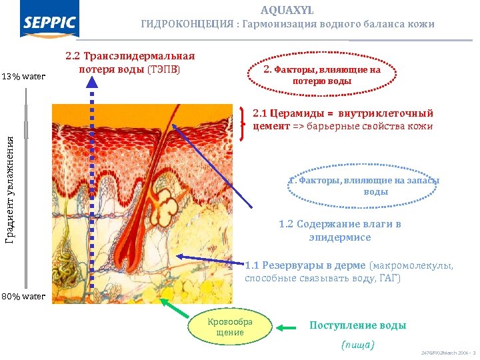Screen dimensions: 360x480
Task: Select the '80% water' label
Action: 23,296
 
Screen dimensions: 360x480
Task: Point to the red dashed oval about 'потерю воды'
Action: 322,75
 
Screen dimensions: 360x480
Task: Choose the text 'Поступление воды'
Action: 357,326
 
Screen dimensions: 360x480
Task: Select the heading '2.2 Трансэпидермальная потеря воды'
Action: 129,62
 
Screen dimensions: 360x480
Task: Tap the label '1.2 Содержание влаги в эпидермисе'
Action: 339,231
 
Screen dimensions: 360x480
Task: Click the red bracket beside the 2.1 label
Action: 241,121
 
